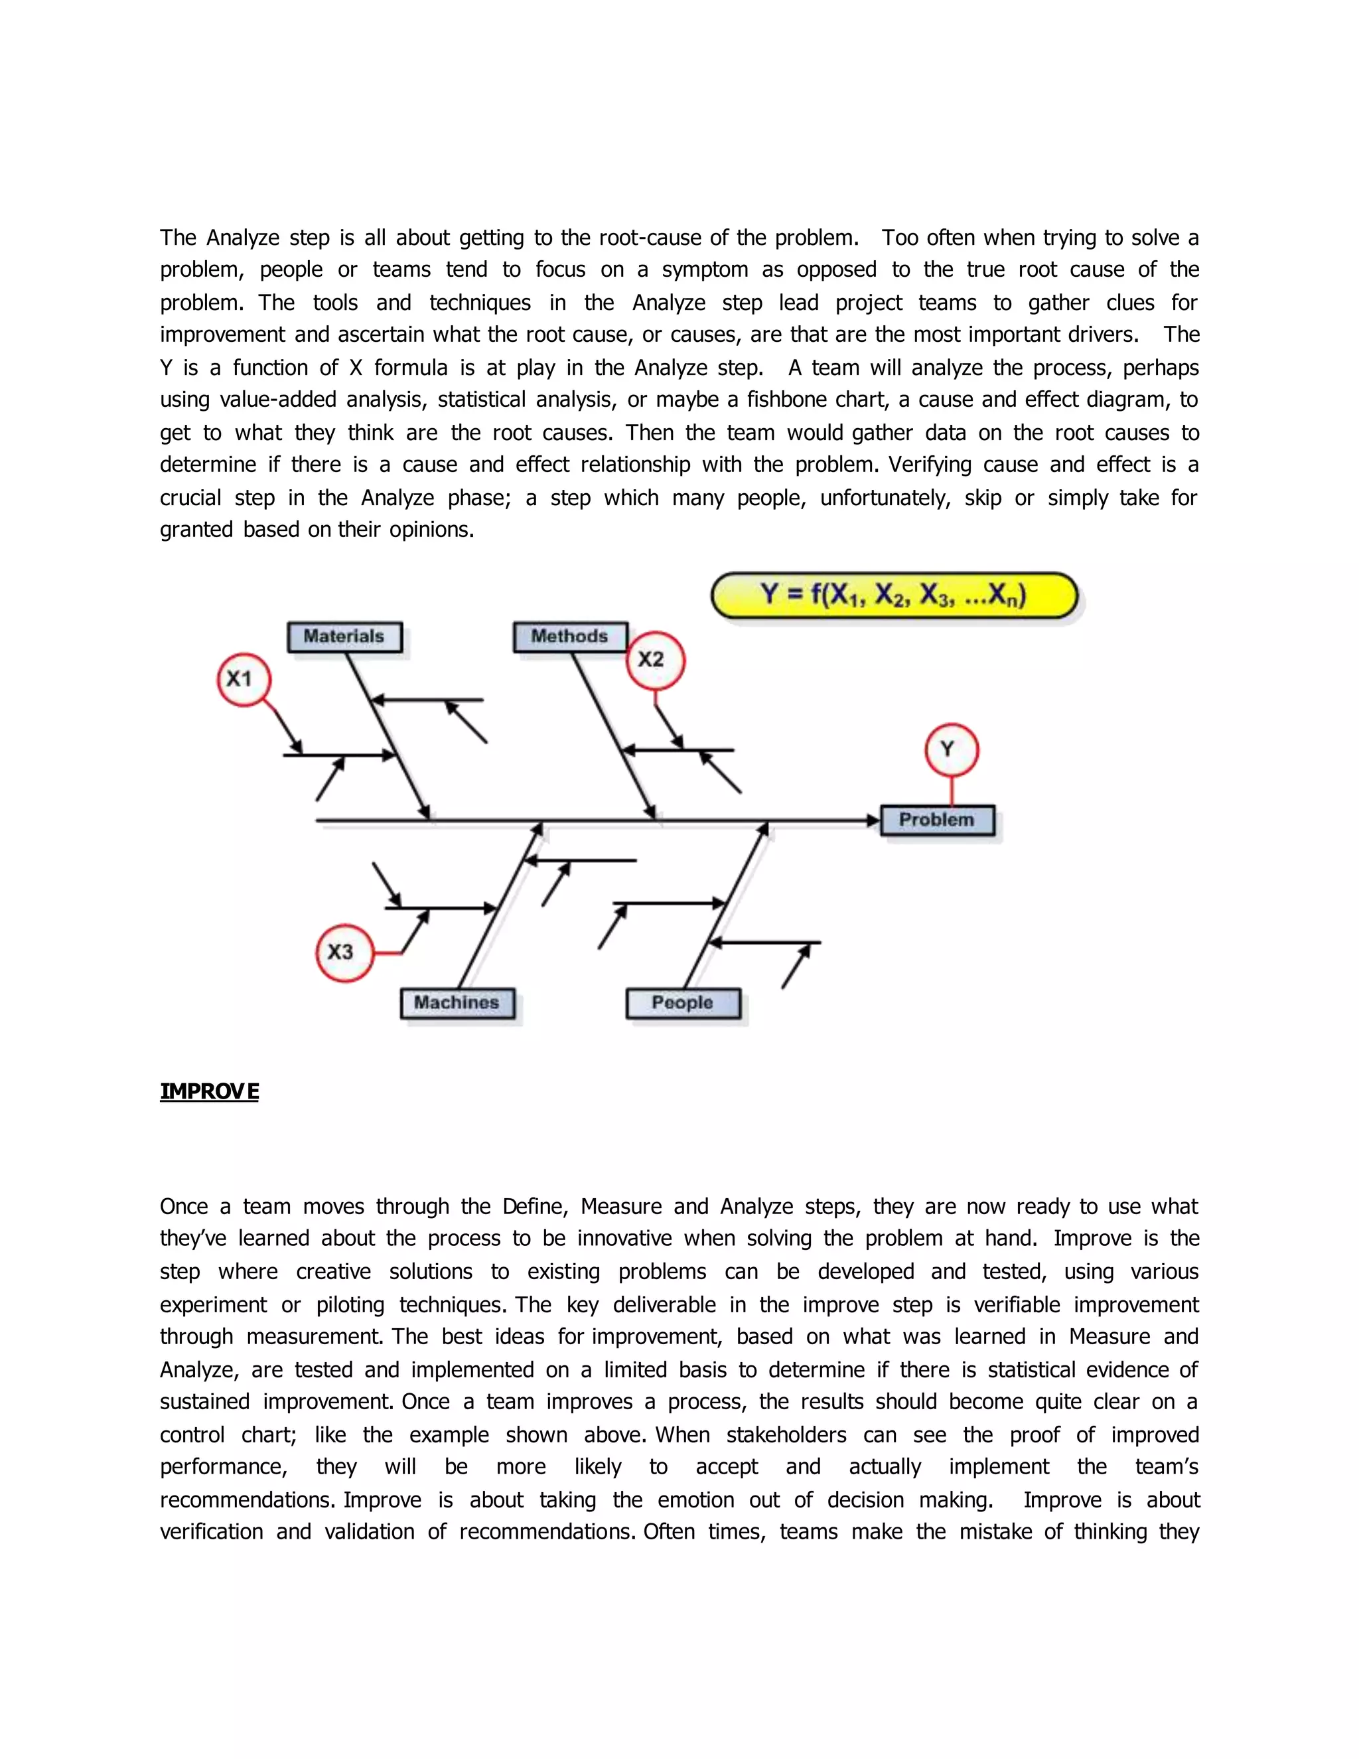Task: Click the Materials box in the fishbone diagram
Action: tap(344, 637)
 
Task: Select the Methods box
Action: tap(570, 637)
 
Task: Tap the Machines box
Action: tap(457, 1004)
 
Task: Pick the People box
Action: tap(683, 1004)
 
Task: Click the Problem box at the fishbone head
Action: tap(937, 820)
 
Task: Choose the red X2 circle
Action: tap(654, 660)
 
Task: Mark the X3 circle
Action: tap(344, 952)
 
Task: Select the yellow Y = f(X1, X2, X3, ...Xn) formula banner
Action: tap(894, 596)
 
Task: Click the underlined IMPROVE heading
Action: tap(209, 1091)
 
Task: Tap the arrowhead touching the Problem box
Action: tap(873, 820)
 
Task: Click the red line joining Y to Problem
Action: tap(952, 790)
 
